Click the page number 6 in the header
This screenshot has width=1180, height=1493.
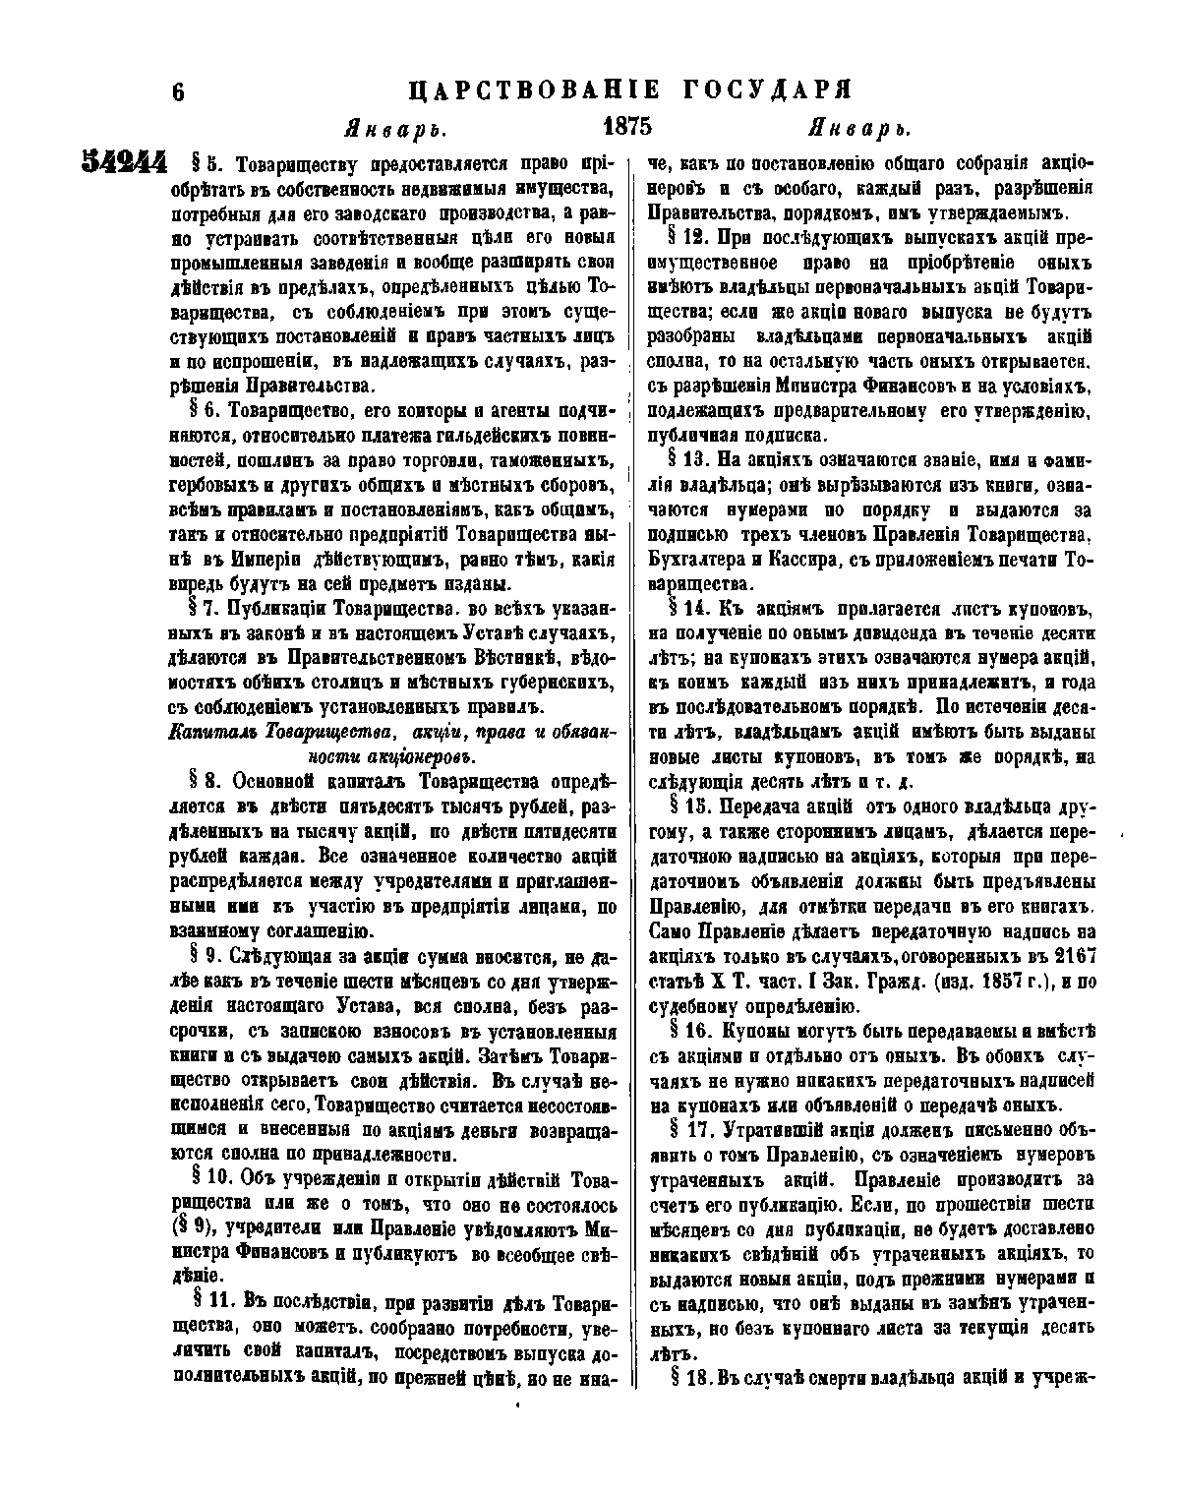[178, 91]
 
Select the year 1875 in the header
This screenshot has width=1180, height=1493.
[626, 128]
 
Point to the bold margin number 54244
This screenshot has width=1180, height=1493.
[124, 162]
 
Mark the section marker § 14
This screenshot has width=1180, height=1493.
[687, 610]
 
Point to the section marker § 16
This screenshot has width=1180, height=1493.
[687, 1030]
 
